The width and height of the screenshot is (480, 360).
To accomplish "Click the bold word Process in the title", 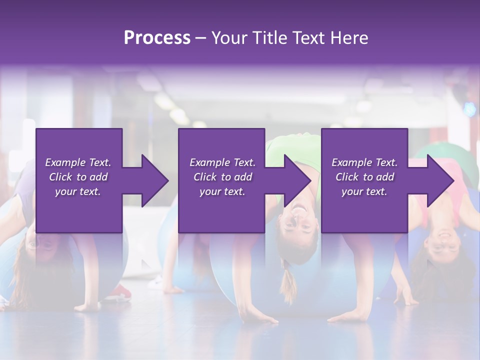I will coord(157,37).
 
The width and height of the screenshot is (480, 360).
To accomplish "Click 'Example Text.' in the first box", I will coord(78,162).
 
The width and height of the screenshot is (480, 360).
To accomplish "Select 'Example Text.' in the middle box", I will coord(222,162).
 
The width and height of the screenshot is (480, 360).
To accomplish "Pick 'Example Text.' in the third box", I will coord(364,162).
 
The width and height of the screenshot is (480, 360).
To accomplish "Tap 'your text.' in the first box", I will coord(78,191).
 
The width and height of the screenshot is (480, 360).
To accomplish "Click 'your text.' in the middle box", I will coord(222,191).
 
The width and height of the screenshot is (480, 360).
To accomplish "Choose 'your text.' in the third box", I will coord(364,191).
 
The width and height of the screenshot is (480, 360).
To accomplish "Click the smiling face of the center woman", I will coord(299,220).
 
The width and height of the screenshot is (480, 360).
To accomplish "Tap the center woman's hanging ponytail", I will coord(288,285).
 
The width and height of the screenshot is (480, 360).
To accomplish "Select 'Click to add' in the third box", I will coord(364,177).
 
